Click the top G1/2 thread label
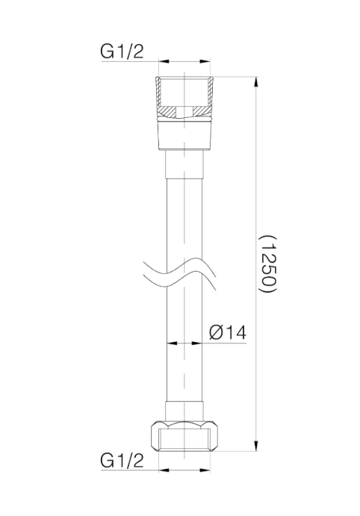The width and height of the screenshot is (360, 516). (x=122, y=52)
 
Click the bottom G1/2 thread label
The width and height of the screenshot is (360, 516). (x=122, y=461)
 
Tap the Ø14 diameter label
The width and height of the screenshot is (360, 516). (x=228, y=332)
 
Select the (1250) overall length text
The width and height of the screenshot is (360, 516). (x=268, y=264)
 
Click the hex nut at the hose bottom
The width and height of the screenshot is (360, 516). (x=184, y=436)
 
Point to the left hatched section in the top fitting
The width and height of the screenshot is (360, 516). (x=168, y=111)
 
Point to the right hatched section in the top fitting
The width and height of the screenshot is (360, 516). (x=200, y=111)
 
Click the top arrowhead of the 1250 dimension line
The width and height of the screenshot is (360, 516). (x=255, y=82)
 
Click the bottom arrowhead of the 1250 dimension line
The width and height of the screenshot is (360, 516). (x=255, y=445)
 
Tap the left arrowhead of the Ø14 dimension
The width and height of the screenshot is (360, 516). (x=172, y=344)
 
